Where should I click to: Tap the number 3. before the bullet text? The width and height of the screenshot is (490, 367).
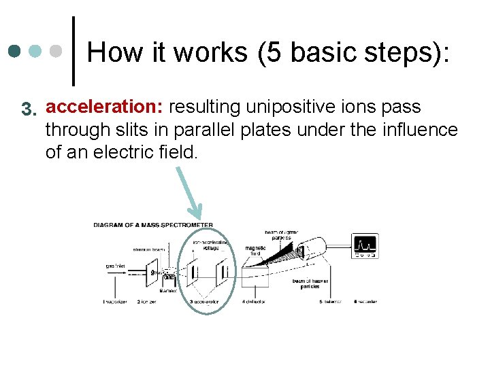click(28, 109)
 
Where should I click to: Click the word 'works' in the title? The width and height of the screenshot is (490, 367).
click(210, 52)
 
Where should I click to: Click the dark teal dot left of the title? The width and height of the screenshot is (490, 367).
click(15, 52)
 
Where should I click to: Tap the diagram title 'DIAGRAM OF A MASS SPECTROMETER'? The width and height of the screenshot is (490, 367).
click(152, 226)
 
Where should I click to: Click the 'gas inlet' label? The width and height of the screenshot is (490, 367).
click(114, 266)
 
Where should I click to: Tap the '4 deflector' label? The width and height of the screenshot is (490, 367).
click(255, 301)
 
